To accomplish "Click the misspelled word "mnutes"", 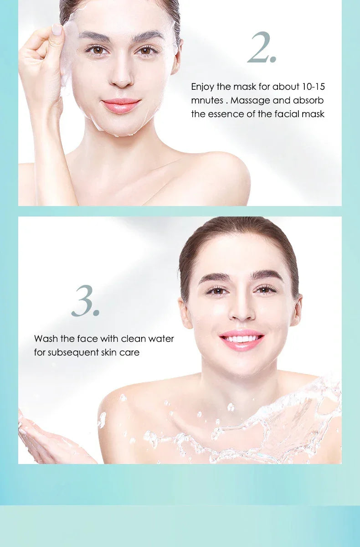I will [207, 100].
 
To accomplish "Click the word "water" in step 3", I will [161, 339].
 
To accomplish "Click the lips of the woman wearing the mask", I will [121, 105].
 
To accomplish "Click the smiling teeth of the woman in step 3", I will [242, 339].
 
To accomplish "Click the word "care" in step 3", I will [129, 352].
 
